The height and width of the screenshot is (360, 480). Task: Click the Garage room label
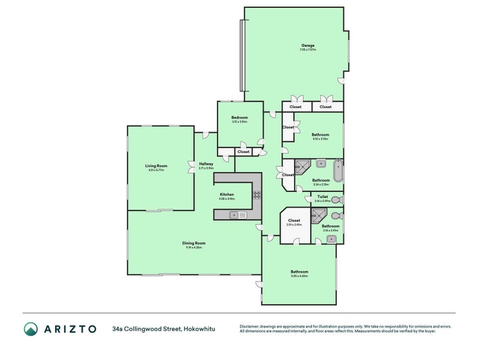click(308, 46)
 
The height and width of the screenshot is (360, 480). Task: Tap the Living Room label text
click(156, 166)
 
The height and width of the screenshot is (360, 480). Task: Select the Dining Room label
click(194, 243)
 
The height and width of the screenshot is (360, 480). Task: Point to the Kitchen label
click(226, 194)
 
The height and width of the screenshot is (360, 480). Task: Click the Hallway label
click(206, 164)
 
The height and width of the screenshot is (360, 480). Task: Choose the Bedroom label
click(239, 118)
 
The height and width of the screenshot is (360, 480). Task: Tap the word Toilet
click(322, 196)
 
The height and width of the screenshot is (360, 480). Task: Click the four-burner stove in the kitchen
click(256, 194)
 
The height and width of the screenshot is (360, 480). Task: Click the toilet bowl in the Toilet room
click(338, 199)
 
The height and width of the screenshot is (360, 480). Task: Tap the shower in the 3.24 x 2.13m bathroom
click(302, 167)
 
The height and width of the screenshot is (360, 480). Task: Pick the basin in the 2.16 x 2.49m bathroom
click(331, 239)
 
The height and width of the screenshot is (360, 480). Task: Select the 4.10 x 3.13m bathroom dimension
click(320, 139)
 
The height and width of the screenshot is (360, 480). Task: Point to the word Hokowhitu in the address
click(199, 329)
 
